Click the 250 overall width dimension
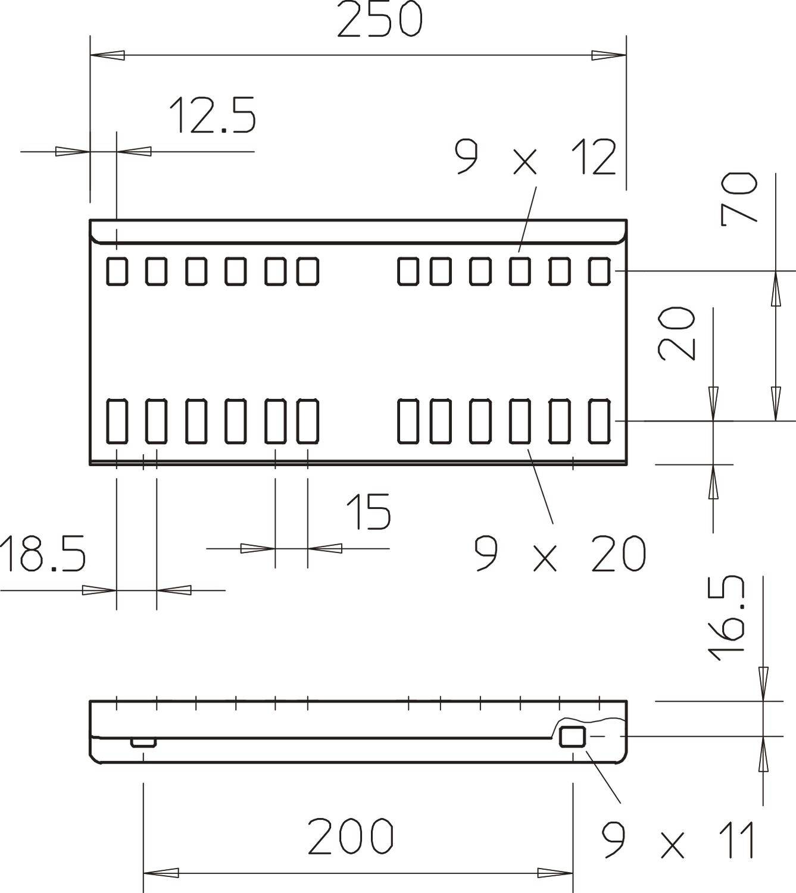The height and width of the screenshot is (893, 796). (x=380, y=18)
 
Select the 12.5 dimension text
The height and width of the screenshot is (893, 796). (x=213, y=115)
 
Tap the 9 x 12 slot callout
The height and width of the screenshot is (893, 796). (x=535, y=157)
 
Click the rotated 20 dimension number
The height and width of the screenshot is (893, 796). (x=676, y=333)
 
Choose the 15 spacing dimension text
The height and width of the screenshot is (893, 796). (x=369, y=512)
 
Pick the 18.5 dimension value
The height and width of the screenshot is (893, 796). (x=43, y=554)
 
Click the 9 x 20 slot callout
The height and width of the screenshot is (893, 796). (x=560, y=554)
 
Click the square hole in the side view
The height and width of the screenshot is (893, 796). (x=572, y=737)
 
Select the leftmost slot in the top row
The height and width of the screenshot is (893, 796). (x=117, y=271)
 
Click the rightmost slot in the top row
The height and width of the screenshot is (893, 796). (x=600, y=271)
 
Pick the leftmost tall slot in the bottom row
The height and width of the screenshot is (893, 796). (x=117, y=421)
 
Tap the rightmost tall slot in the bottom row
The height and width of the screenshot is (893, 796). (x=600, y=421)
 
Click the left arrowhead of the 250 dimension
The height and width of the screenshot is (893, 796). (x=108, y=55)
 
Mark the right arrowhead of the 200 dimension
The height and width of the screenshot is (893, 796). (x=555, y=873)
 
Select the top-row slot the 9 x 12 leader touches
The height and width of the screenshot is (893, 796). (x=520, y=271)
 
